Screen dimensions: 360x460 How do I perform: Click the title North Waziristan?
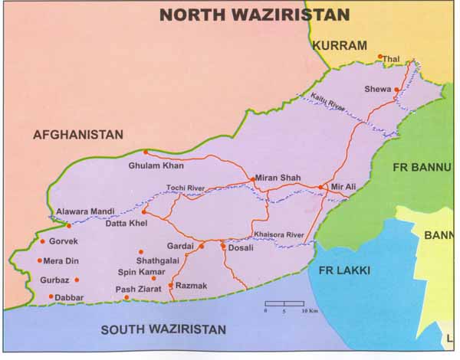coord(254,15)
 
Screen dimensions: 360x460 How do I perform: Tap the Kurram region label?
coord(340,45)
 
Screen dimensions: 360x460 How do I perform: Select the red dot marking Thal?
coord(379,56)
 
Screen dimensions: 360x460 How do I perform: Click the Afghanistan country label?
coord(77,134)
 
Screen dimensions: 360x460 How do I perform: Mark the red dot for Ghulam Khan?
coord(146,152)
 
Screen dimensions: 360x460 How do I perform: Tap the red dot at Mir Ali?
coord(320,186)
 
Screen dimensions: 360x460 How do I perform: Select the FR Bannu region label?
coord(419,167)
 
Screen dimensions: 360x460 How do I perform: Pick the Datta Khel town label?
coord(127,222)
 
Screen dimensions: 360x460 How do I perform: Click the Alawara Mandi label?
coord(85,211)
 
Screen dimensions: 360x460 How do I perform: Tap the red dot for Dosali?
coord(223,246)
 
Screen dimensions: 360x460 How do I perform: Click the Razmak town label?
coord(192,285)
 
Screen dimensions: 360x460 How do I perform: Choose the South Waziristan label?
coord(163,329)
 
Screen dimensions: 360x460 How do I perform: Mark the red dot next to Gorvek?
coord(42,241)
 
